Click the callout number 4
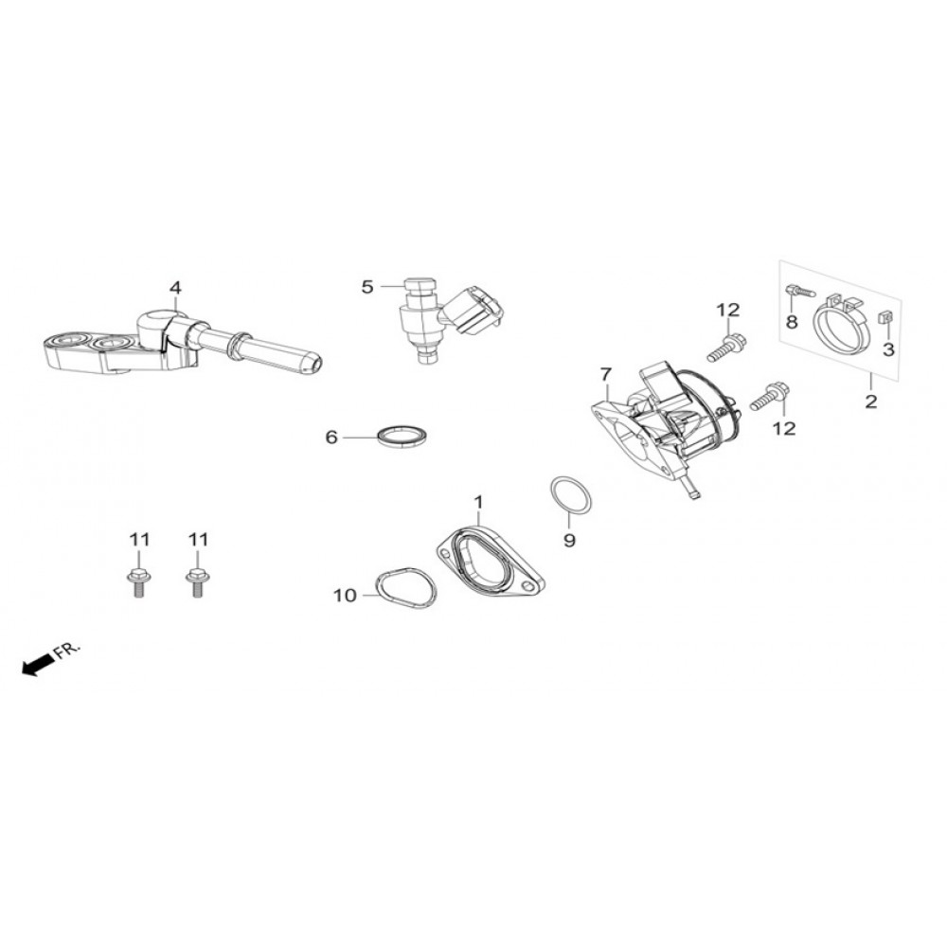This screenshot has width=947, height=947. [174, 287]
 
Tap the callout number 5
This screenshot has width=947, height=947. [367, 285]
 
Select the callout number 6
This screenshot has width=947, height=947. [331, 438]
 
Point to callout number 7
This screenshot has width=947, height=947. [606, 375]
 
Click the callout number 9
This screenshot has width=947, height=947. [569, 541]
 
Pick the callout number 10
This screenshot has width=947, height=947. [344, 596]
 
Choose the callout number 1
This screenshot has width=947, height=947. [479, 500]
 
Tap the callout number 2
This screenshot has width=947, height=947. [870, 402]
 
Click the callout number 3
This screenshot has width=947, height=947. [888, 349]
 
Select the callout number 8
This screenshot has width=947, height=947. [792, 322]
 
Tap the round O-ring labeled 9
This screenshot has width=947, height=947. [571, 495]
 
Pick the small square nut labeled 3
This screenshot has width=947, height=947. [887, 317]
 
